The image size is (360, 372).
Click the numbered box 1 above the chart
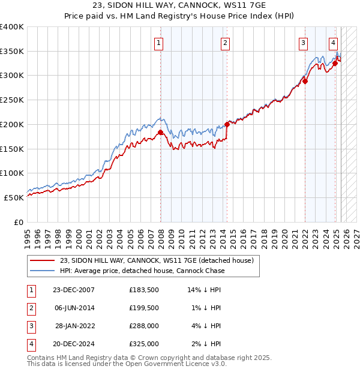(159, 43)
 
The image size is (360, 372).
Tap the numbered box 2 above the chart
(225, 43)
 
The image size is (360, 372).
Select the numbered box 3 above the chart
(304, 43)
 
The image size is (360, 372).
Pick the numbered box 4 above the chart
(333, 43)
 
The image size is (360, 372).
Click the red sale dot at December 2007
(161, 132)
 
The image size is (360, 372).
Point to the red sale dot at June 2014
(227, 124)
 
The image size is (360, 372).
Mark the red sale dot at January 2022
(305, 81)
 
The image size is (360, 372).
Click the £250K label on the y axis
(12, 100)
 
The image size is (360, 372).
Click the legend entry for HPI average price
(142, 271)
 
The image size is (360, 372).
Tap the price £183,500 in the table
(143, 290)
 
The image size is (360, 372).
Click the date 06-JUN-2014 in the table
(74, 308)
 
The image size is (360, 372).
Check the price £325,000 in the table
(143, 344)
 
